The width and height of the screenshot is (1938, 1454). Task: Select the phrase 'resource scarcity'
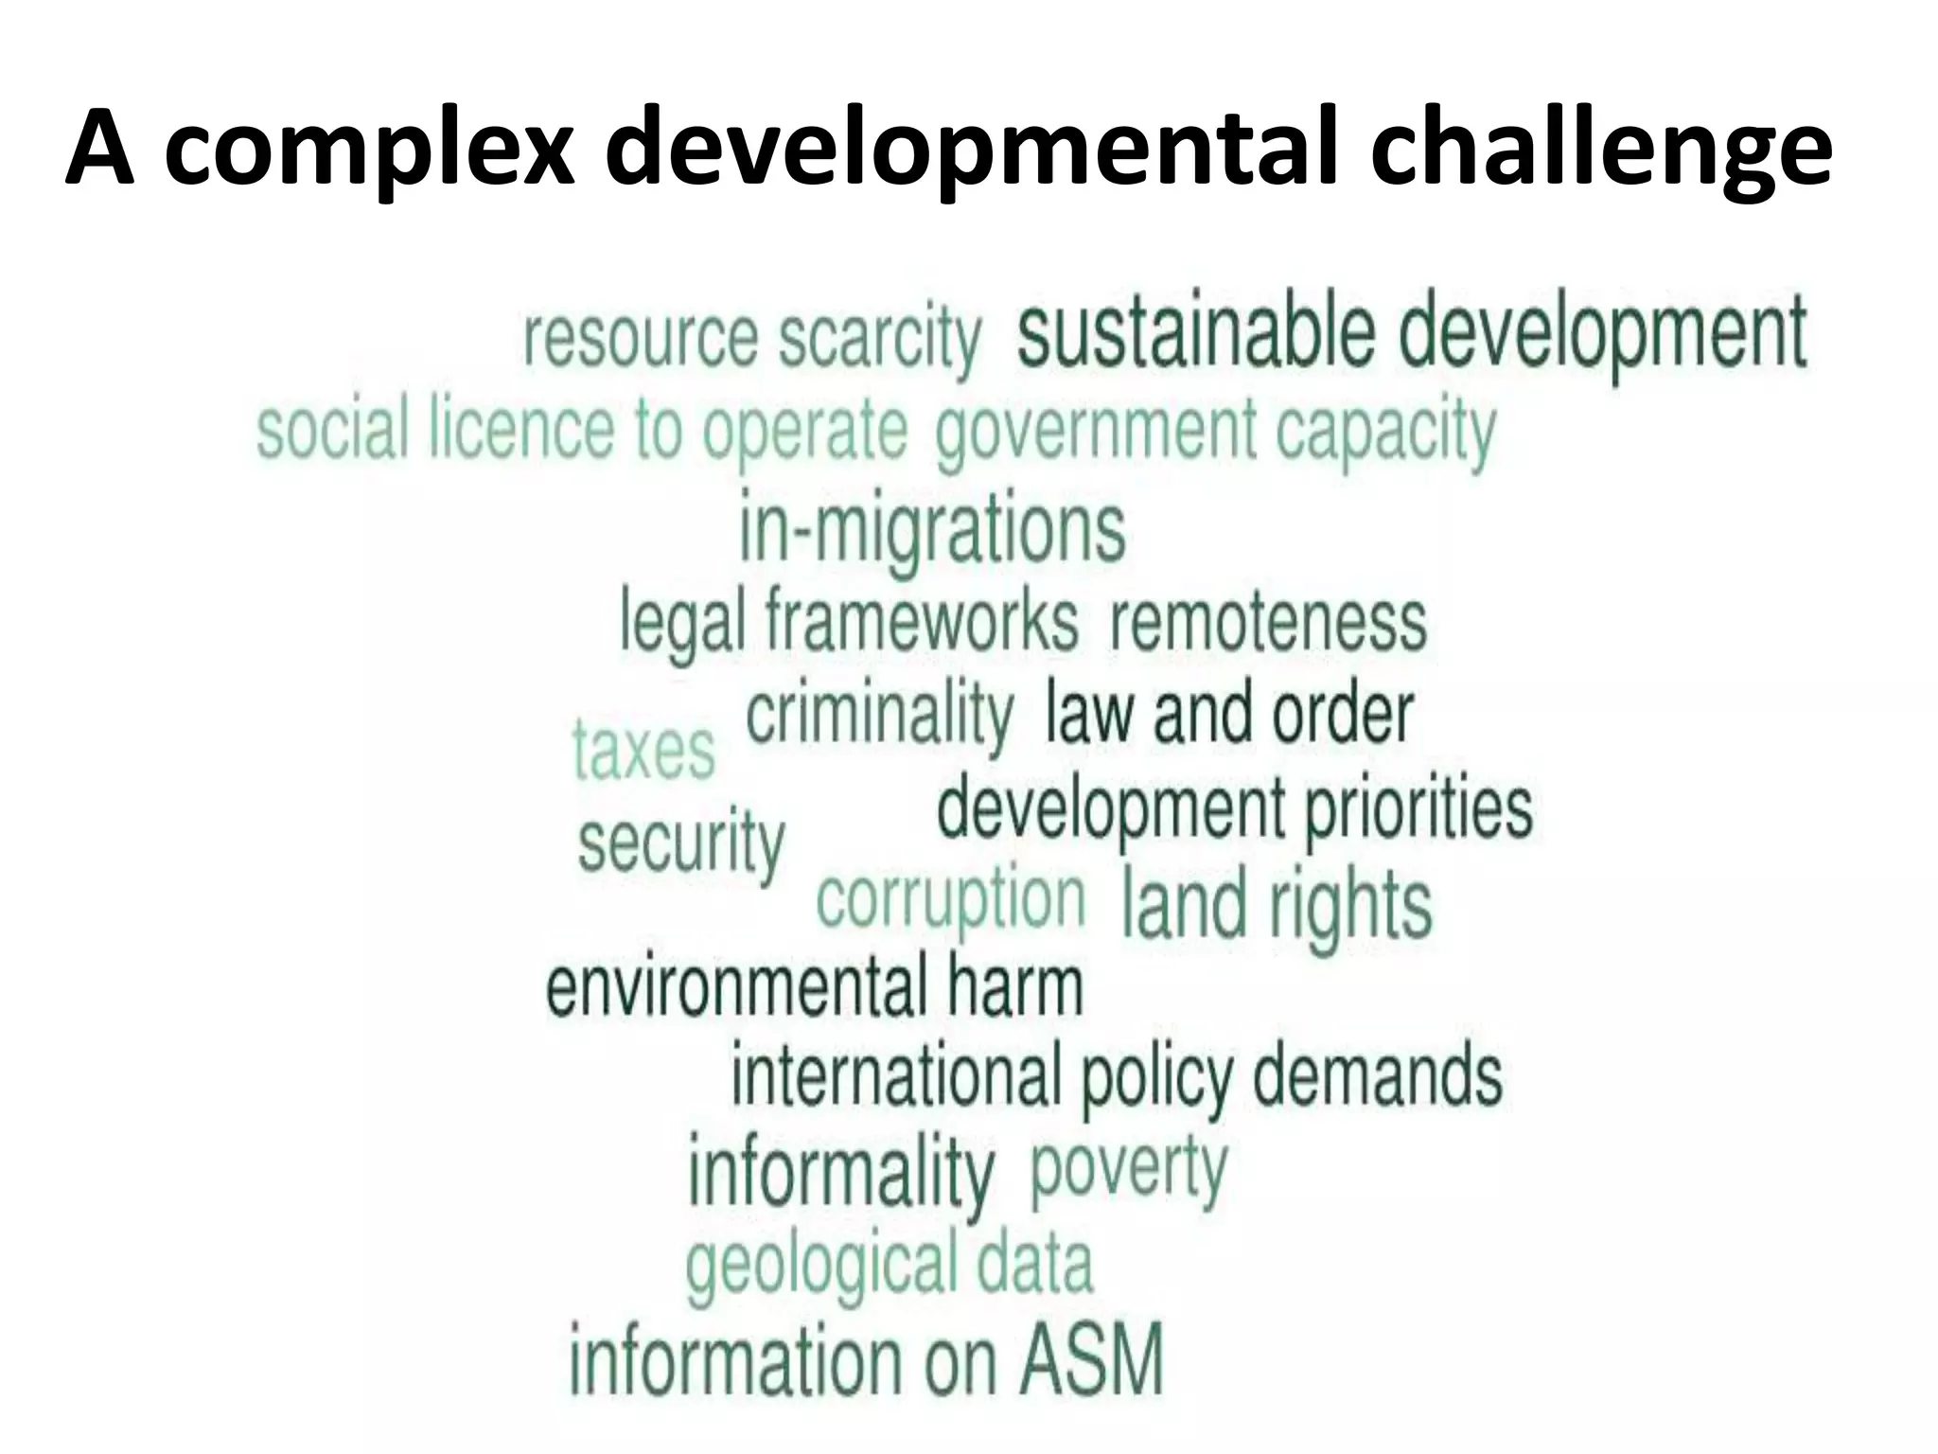[752, 338]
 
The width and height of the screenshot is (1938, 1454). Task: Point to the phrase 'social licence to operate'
[582, 431]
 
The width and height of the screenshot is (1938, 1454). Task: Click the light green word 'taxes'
[643, 750]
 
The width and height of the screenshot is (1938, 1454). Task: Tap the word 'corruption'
[950, 900]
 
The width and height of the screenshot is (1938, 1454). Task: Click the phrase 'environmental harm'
[814, 986]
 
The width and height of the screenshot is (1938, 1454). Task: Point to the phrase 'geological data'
[889, 1263]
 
